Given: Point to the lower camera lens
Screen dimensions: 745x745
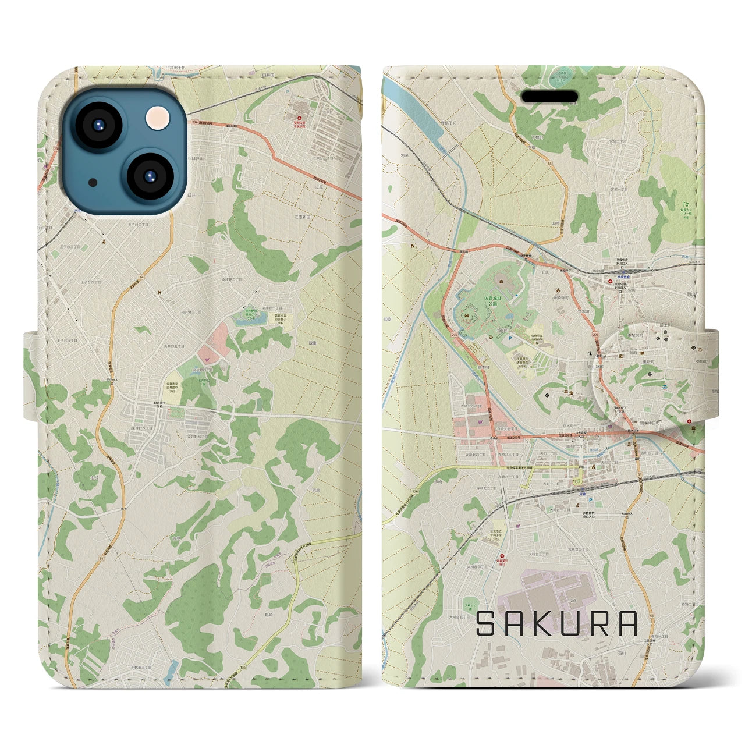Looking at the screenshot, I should tap(148, 176).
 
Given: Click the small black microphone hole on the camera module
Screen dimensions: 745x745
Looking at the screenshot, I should tap(93, 182).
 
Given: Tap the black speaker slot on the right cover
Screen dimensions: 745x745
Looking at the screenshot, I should tap(549, 96).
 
